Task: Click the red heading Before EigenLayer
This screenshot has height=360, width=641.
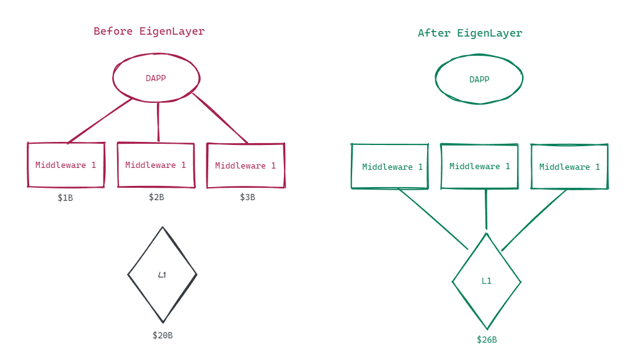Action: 149,31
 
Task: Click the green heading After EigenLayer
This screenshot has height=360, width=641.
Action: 470,33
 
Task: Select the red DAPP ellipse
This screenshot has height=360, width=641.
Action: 156,78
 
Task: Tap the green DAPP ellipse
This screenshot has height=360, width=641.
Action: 479,79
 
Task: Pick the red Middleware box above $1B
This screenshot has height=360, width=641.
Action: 66,165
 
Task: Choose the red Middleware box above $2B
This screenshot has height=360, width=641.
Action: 156,165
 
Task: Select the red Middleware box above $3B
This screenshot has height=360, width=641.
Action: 245,165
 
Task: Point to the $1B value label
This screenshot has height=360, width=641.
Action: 65,198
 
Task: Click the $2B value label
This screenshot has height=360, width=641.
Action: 156,197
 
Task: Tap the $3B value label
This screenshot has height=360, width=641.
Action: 247,197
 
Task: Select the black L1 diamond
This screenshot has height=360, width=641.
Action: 162,274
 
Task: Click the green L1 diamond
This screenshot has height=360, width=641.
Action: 487,281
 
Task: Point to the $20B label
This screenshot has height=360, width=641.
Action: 162,335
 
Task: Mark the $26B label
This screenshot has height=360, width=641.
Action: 487,340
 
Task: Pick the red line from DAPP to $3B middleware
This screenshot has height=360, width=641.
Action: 220,118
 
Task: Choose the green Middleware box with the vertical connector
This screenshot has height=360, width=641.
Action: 479,166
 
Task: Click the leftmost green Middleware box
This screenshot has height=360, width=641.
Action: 390,167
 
